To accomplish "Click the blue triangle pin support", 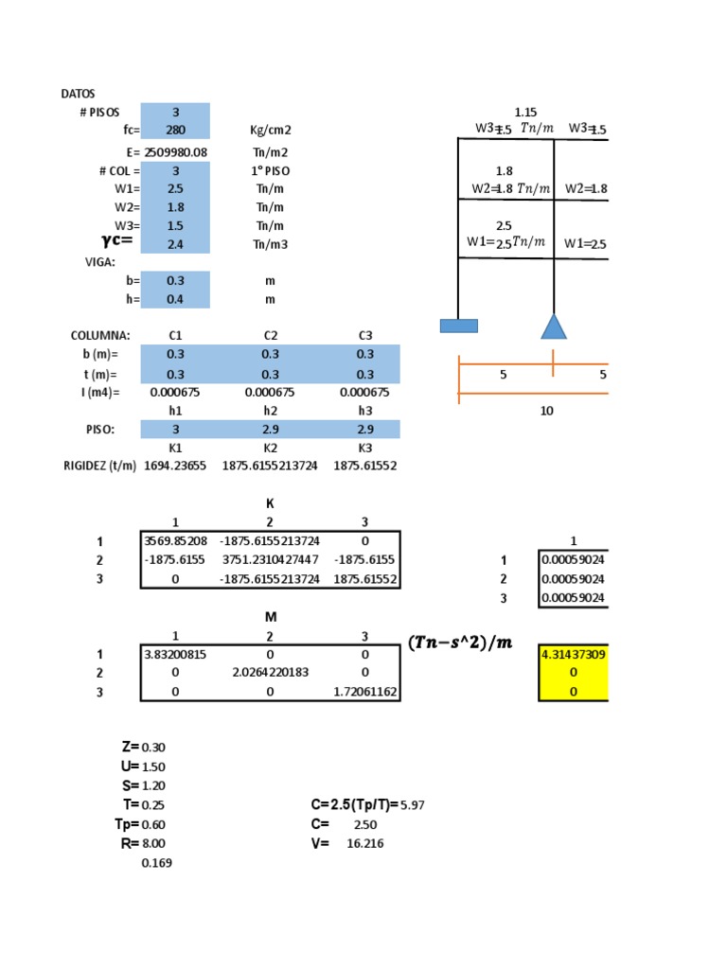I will pos(553,327).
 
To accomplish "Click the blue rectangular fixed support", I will pos(458,326).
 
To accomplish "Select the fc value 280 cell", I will pos(175,131).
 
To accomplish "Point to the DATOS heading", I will pos(78,94).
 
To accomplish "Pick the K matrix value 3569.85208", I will pos(176,541).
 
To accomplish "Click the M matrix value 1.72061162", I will pos(365,693).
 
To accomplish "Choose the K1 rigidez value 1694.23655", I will pos(175,466).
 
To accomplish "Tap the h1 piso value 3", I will pos(175,430).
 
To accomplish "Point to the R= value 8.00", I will pos(153,843).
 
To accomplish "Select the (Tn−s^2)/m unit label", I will pos(460,643).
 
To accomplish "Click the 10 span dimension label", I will pos(546,411).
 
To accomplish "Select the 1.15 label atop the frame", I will pos(525,113).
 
